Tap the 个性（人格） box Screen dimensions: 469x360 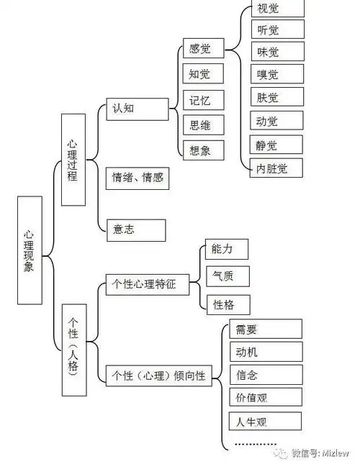(73, 347)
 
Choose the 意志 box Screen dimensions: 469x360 (135, 230)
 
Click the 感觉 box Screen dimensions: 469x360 (202, 50)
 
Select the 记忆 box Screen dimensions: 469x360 (202, 100)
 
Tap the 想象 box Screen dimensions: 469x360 (202, 150)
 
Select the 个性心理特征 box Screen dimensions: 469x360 (147, 284)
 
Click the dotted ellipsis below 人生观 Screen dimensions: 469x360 (256, 445)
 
